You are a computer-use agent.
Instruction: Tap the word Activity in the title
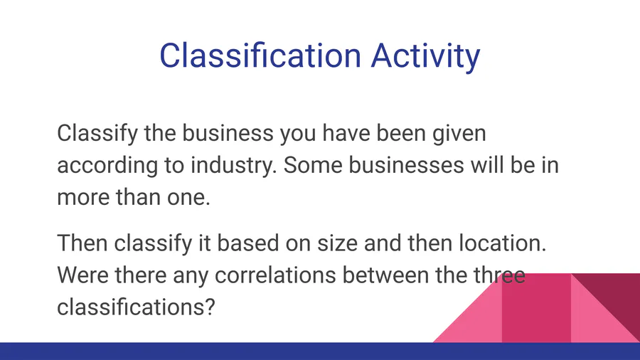(x=426, y=57)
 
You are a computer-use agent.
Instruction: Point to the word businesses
(x=406, y=165)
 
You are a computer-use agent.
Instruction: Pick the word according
(x=107, y=166)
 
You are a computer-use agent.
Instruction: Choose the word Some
(x=313, y=165)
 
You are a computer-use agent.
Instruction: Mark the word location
(x=503, y=243)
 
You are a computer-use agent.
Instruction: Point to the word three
(x=501, y=275)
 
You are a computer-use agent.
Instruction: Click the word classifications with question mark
(x=136, y=307)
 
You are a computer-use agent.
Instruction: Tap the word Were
(x=83, y=275)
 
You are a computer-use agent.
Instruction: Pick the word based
(x=247, y=243)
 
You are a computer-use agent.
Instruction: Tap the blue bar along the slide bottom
(x=320, y=351)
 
